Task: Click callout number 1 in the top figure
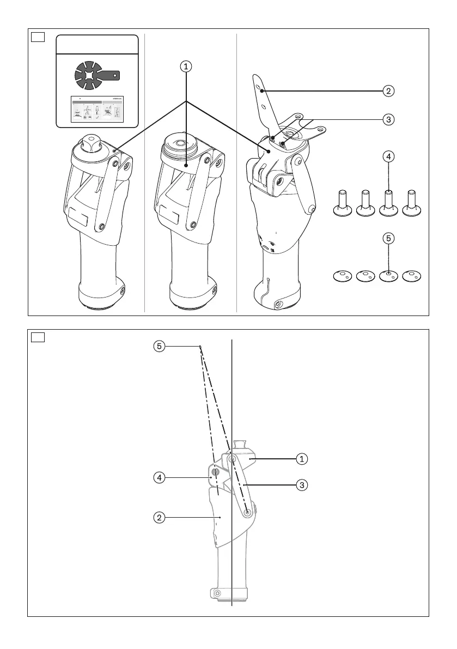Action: (186, 66)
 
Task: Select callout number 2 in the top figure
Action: (388, 90)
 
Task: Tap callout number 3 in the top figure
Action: (388, 119)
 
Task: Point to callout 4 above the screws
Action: (388, 156)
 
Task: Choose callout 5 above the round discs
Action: (388, 238)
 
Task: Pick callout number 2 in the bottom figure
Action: (159, 517)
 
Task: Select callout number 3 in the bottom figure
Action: (301, 483)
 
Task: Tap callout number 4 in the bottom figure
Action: (159, 478)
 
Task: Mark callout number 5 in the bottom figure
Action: (159, 346)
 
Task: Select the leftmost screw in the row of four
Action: (342, 204)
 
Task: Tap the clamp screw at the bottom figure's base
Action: (217, 592)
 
